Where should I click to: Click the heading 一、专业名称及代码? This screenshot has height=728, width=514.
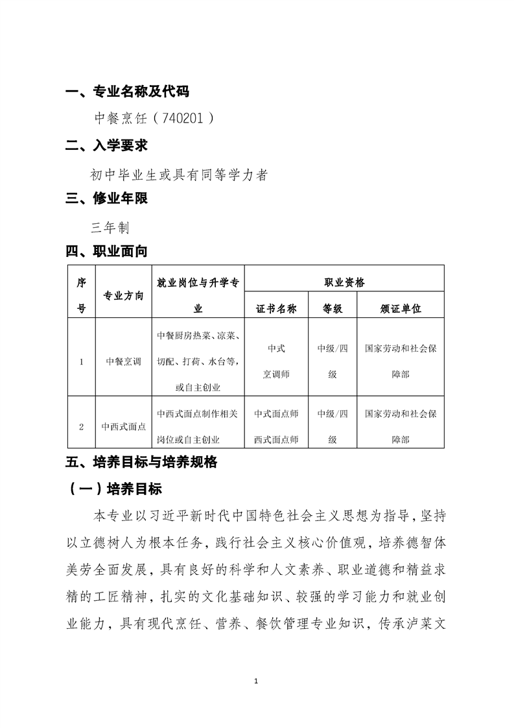coord(128,91)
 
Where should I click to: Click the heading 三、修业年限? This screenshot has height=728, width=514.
coord(107,199)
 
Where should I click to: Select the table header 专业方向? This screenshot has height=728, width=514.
coord(123,296)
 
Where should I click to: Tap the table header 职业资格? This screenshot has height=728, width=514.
coord(344,282)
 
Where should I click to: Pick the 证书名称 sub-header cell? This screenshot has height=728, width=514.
coord(276,309)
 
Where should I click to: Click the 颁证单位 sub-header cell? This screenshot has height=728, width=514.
coord(401,309)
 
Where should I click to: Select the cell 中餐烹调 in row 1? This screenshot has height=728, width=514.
coord(123,362)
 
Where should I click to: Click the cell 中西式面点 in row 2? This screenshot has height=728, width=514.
coord(123,427)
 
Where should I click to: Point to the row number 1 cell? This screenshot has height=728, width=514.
coord(81,362)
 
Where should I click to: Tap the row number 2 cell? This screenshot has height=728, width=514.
coord(81,427)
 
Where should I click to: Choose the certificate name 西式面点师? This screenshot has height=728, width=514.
coord(276,439)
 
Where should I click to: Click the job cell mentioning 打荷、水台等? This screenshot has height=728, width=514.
coord(198,361)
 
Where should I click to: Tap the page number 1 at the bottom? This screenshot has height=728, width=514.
coord(257,681)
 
